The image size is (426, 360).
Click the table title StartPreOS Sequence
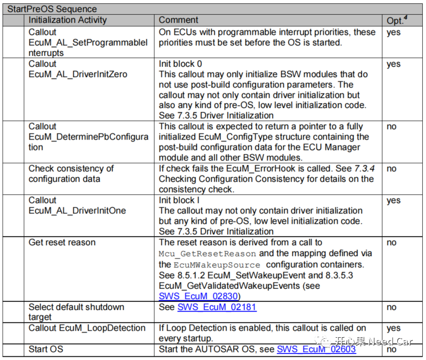pyautogui.click(x=52, y=9)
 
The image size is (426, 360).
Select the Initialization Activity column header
pyautogui.click(x=67, y=20)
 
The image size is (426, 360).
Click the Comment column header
pyautogui.click(x=179, y=20)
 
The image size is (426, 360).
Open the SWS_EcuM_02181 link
pyautogui.click(x=217, y=307)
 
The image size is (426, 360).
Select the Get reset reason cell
pyautogui.click(x=62, y=243)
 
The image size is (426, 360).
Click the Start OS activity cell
pyautogui.click(x=46, y=349)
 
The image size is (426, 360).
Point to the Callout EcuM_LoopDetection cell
pyautogui.click(x=87, y=328)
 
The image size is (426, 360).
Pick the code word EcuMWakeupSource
pyautogui.click(x=217, y=264)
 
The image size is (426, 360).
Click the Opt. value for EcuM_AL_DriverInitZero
pyautogui.click(x=393, y=64)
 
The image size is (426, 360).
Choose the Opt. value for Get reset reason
pyautogui.click(x=391, y=243)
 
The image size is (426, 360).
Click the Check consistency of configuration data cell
pyautogui.click(x=71, y=174)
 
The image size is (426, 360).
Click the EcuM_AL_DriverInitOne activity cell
pyautogui.click(x=78, y=211)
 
